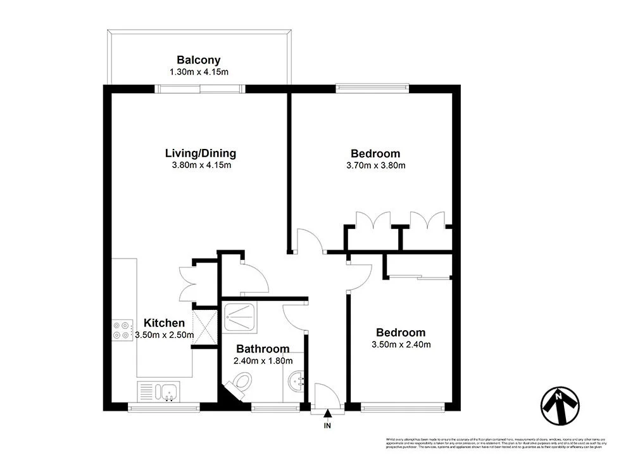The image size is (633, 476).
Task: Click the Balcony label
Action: (x=198, y=60)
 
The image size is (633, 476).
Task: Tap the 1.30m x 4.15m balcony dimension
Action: (x=198, y=72)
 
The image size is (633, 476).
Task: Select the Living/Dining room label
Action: (x=200, y=153)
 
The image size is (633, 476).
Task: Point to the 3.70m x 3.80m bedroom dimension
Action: (x=375, y=165)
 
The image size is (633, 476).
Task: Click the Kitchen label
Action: (x=164, y=323)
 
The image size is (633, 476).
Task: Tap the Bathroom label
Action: (x=263, y=349)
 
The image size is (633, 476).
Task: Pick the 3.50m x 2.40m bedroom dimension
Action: (x=401, y=345)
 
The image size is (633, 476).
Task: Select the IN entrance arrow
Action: (x=327, y=415)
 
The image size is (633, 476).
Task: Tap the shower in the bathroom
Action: (x=241, y=315)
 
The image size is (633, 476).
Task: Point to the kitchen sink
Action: (x=159, y=390)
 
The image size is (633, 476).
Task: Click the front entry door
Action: (x=327, y=396)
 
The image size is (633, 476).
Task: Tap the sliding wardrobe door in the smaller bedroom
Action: (x=418, y=276)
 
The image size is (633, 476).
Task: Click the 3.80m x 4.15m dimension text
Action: (x=200, y=165)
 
